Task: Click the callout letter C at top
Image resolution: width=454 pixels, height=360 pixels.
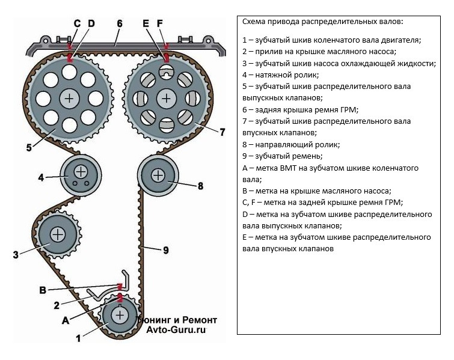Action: (x=77, y=23)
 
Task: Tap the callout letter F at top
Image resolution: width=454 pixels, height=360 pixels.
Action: (x=159, y=23)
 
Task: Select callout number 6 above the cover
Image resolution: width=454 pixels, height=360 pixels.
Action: (x=120, y=23)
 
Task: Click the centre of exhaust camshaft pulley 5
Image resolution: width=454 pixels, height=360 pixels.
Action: (x=70, y=97)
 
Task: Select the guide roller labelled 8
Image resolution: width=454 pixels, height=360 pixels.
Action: (x=158, y=175)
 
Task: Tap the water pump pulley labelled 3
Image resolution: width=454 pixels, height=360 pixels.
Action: (x=58, y=233)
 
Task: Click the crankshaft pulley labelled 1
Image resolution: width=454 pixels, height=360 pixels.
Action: (x=120, y=315)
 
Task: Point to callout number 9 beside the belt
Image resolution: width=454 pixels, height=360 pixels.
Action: (x=166, y=251)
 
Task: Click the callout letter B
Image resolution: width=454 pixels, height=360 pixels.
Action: (x=43, y=290)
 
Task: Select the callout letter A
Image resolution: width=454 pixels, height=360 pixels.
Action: (x=64, y=320)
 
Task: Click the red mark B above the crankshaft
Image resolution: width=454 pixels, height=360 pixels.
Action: (x=119, y=286)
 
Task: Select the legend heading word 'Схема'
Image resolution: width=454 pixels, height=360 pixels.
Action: (x=254, y=22)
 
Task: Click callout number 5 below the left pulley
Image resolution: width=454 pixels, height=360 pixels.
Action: (x=29, y=146)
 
